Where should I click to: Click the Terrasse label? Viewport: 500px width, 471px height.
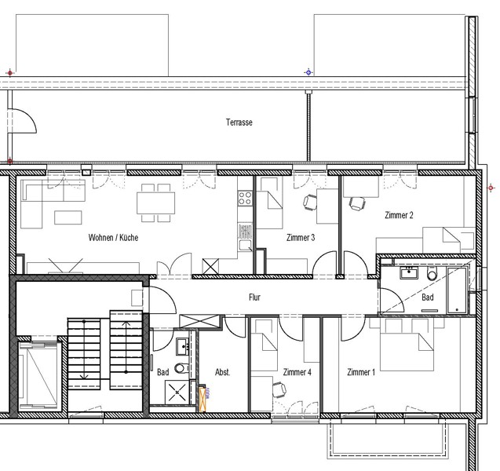pos(239,122)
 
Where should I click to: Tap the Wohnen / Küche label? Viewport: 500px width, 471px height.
pos(113,238)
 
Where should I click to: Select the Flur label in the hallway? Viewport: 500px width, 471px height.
pos(254,298)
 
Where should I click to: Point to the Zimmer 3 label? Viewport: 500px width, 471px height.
pos(301,238)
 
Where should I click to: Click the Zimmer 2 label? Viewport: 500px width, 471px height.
pos(399,215)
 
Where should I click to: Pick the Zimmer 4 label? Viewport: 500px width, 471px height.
pos(297,372)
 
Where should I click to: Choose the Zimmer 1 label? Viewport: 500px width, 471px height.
pos(361,372)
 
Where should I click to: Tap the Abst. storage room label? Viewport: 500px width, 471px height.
pos(223,372)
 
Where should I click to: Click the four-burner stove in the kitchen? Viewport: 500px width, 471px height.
pos(245,198)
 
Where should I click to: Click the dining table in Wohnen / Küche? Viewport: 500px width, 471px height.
pos(156,203)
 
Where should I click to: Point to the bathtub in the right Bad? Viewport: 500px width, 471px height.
pos(457,290)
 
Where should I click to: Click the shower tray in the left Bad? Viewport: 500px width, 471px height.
pos(177,392)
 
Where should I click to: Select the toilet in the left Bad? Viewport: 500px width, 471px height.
pos(181,368)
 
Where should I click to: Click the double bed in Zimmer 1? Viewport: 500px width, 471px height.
pos(407,352)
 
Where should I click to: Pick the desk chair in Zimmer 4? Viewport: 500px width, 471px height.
pos(279,389)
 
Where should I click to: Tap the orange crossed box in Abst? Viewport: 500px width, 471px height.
pos(203,400)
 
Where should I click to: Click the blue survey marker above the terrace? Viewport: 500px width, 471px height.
pos(308,72)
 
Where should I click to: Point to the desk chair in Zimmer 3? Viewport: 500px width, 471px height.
pos(310,203)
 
